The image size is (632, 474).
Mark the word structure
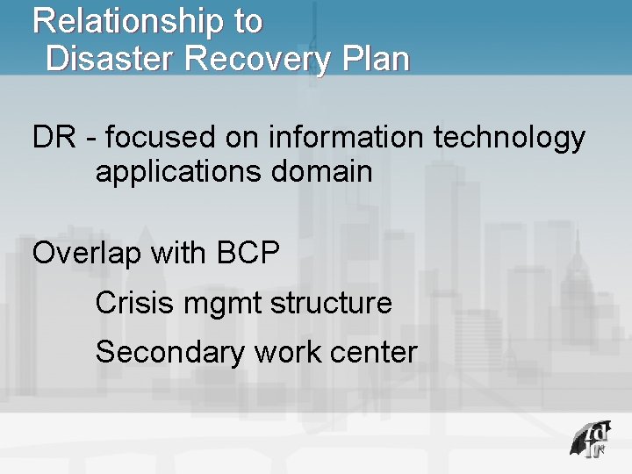tap(331, 304)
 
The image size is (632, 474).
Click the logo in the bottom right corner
tap(587, 439)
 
